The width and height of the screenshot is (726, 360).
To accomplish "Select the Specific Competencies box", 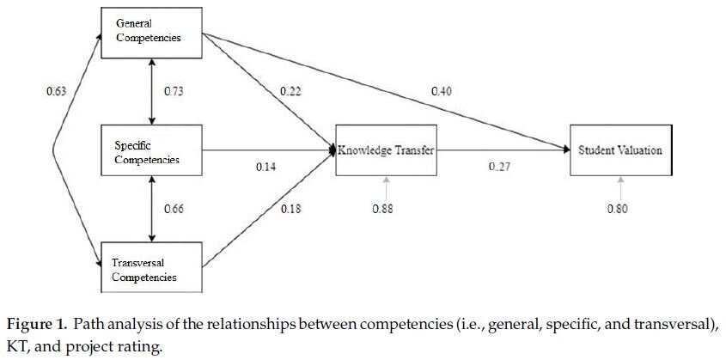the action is pos(152,151).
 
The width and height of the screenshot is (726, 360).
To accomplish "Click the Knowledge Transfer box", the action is pos(386,150).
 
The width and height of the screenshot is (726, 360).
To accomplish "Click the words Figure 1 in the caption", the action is pos(44,324).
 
